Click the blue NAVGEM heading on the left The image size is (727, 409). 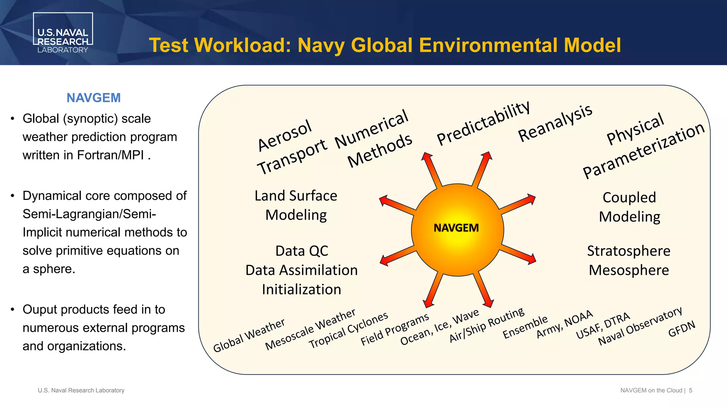(93, 98)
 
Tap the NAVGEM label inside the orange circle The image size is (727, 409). (456, 228)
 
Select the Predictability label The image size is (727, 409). (483, 123)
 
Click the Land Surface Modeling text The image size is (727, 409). (296, 205)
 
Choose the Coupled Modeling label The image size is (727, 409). (629, 207)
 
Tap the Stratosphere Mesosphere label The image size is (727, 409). (629, 260)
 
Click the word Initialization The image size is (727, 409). (301, 289)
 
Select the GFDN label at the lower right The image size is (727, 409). (681, 329)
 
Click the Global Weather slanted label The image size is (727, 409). (249, 335)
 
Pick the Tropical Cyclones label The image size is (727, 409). (348, 330)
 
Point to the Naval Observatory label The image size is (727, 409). (640, 326)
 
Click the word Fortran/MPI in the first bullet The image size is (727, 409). (110, 155)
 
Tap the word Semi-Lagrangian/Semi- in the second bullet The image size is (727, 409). (89, 214)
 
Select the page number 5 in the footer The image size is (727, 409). (690, 391)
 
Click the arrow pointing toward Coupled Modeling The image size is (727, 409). (518, 205)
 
